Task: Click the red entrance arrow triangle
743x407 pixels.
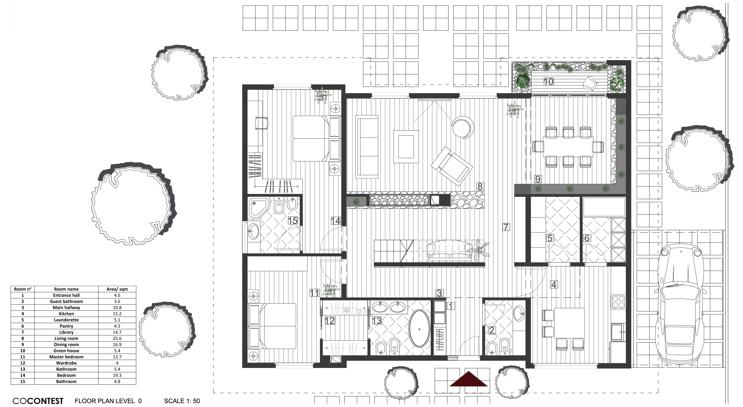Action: [x=469, y=379]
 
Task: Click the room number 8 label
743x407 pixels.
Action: [x=480, y=187]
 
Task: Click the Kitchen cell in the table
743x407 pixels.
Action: [x=66, y=314]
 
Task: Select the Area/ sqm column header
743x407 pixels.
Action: [x=117, y=289]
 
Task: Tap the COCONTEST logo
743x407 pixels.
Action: [x=38, y=401]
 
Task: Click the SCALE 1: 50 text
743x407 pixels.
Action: [x=182, y=401]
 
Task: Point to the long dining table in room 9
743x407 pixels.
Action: [x=568, y=146]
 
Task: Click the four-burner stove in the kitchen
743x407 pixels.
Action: [x=618, y=302]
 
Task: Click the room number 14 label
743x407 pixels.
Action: [x=335, y=221]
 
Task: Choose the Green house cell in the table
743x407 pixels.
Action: [x=66, y=351]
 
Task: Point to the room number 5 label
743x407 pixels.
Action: [x=550, y=238]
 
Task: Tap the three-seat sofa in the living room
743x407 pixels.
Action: [x=367, y=147]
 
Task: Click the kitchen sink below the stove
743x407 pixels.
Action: [x=618, y=332]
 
